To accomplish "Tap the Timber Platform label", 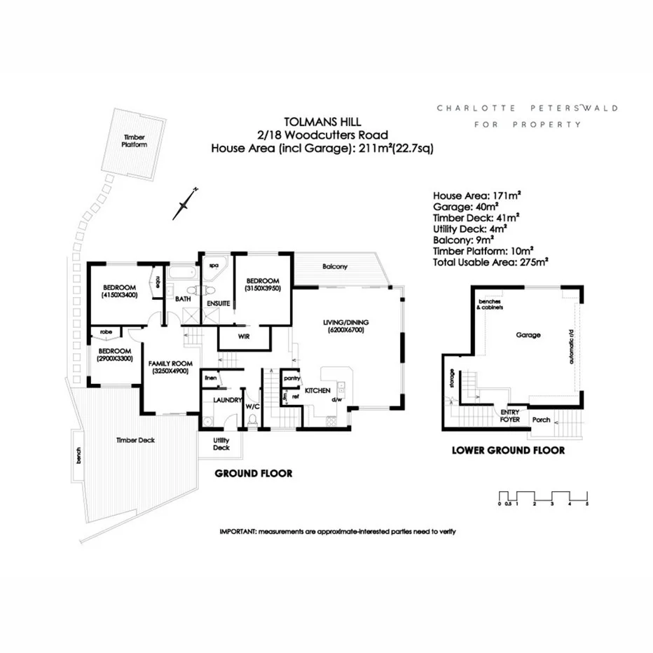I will (x=135, y=141).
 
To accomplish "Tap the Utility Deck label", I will (x=221, y=444).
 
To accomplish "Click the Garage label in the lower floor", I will (x=528, y=335).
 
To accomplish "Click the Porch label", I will (x=542, y=420).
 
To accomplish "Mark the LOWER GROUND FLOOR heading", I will (x=508, y=451).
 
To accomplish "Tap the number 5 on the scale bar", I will (x=587, y=504).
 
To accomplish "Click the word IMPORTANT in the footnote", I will (x=238, y=532).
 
